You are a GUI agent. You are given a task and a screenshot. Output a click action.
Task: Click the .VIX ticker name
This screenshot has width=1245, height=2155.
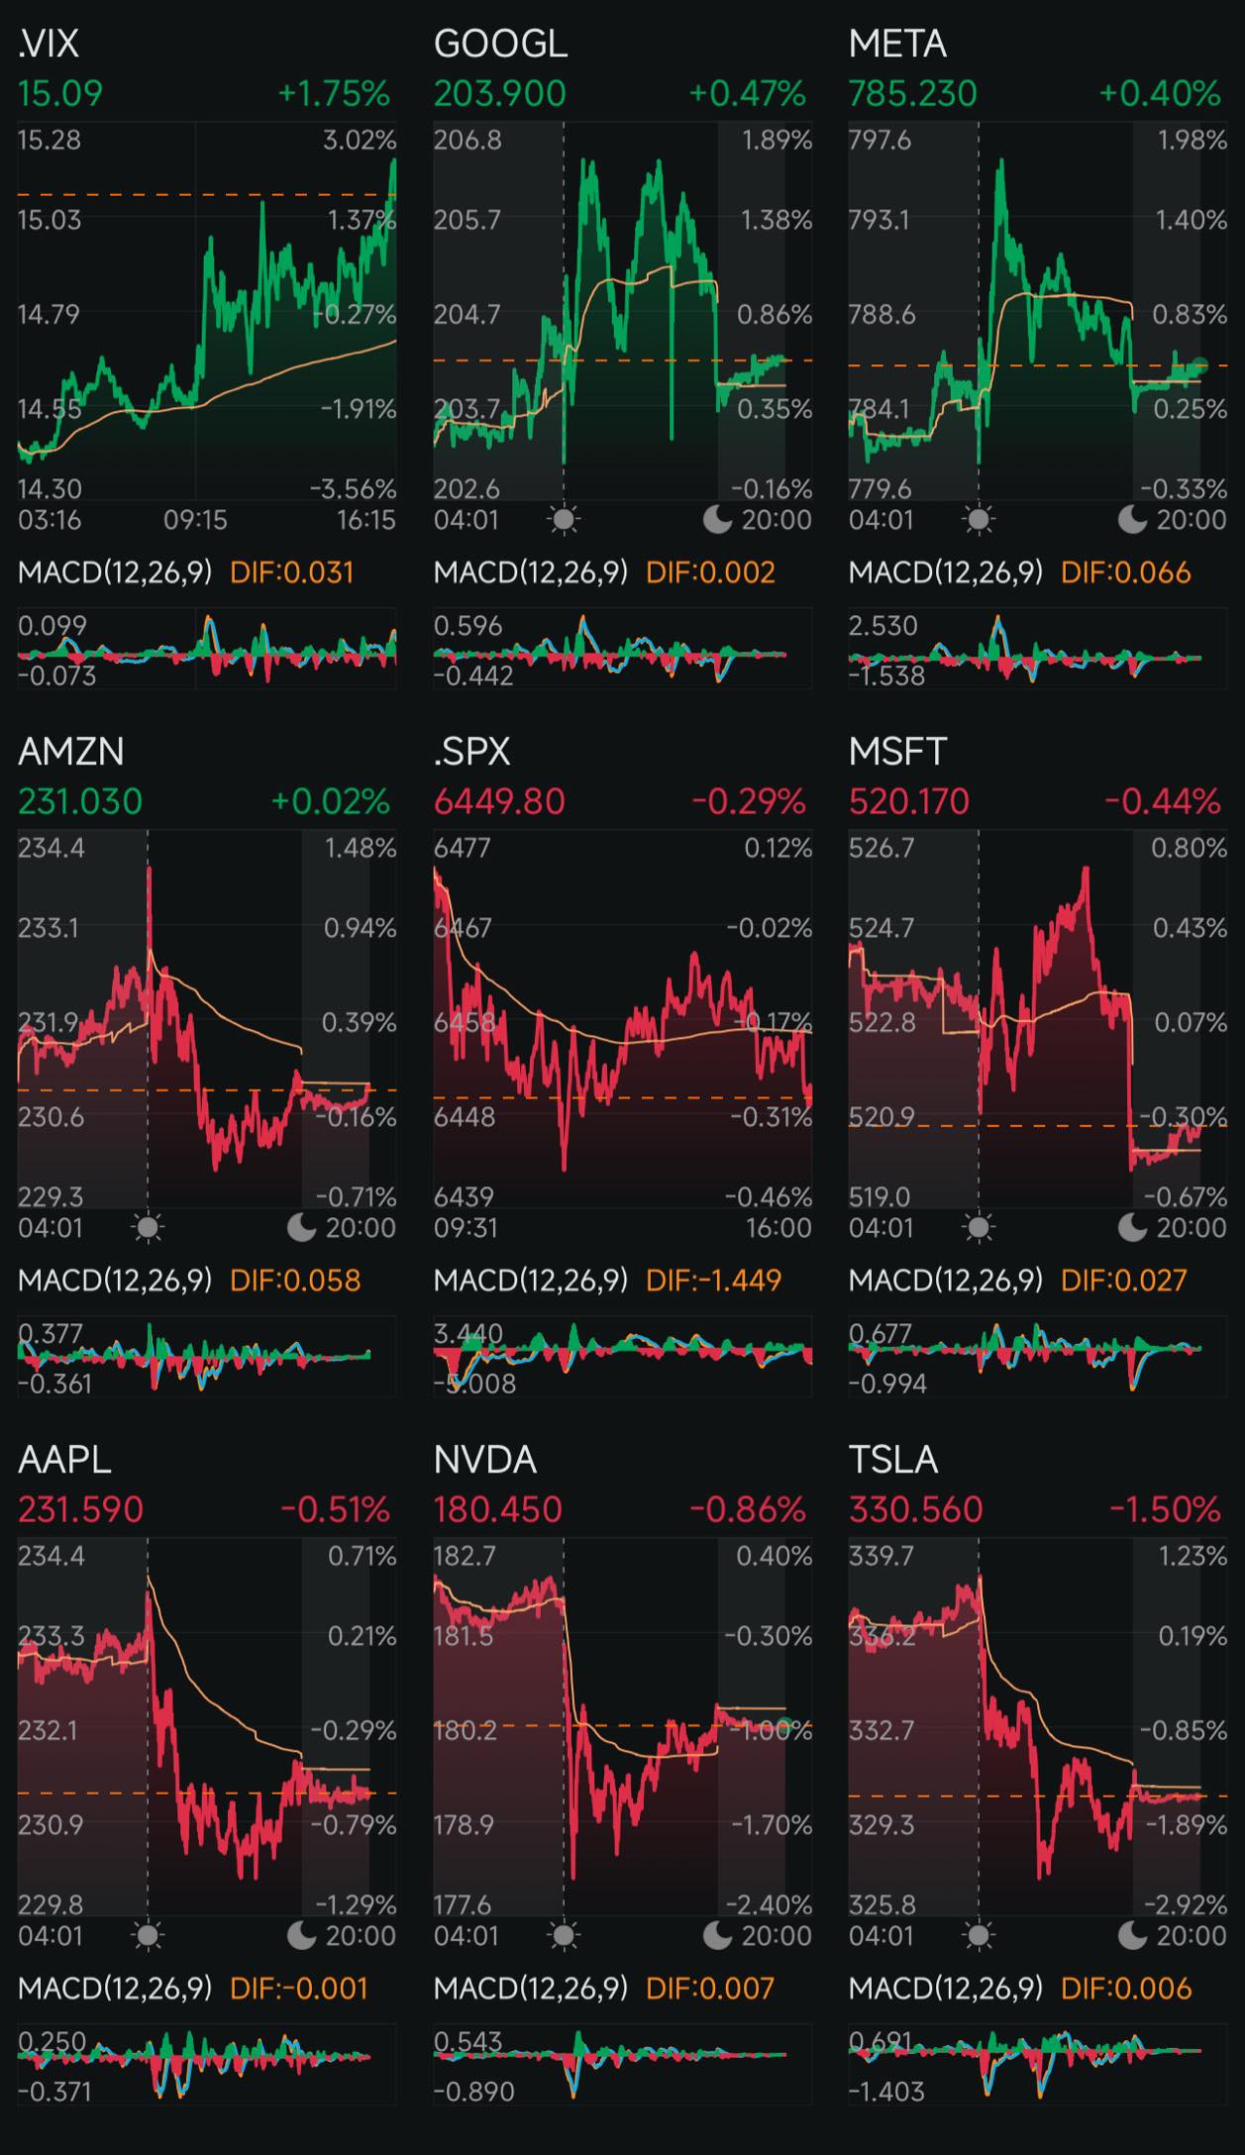click(49, 44)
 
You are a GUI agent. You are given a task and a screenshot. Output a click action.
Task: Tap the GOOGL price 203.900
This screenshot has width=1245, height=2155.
click(499, 94)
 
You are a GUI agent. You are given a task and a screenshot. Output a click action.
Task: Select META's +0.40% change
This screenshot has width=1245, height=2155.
click(1160, 94)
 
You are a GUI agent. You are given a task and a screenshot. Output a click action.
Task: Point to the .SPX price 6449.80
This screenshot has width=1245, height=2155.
click(499, 801)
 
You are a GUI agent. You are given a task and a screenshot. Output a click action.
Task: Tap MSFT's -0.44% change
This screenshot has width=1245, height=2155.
click(1163, 801)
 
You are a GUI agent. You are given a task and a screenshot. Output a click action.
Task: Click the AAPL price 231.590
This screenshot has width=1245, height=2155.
click(80, 1509)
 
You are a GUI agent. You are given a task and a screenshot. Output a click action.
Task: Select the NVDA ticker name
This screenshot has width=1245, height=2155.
click(484, 1460)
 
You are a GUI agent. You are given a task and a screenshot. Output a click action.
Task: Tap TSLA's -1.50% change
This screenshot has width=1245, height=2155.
click(1164, 1509)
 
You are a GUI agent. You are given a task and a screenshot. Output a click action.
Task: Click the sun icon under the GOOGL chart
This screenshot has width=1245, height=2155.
click(564, 520)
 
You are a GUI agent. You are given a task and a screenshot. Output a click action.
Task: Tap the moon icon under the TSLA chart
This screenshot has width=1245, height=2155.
click(1132, 1935)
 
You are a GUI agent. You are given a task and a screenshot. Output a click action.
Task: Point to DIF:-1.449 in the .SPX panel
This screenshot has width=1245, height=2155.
click(713, 1281)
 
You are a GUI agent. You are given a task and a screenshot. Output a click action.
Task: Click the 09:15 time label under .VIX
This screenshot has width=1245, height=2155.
click(196, 520)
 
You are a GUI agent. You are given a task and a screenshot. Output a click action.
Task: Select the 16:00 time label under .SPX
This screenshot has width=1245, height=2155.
click(778, 1228)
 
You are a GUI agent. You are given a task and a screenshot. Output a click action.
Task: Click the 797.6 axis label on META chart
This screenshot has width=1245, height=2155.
click(880, 140)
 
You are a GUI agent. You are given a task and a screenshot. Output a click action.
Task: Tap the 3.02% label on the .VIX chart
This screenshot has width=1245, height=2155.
click(360, 140)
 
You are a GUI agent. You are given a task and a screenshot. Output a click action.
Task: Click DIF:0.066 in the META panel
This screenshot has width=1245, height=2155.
click(1125, 572)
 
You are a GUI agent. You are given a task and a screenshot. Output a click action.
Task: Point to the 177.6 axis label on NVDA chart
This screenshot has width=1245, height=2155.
click(463, 1904)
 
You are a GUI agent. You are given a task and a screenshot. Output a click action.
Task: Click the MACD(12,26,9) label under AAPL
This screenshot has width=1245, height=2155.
click(115, 1989)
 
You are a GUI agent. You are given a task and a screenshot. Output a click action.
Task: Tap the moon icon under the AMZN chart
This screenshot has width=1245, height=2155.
click(301, 1228)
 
